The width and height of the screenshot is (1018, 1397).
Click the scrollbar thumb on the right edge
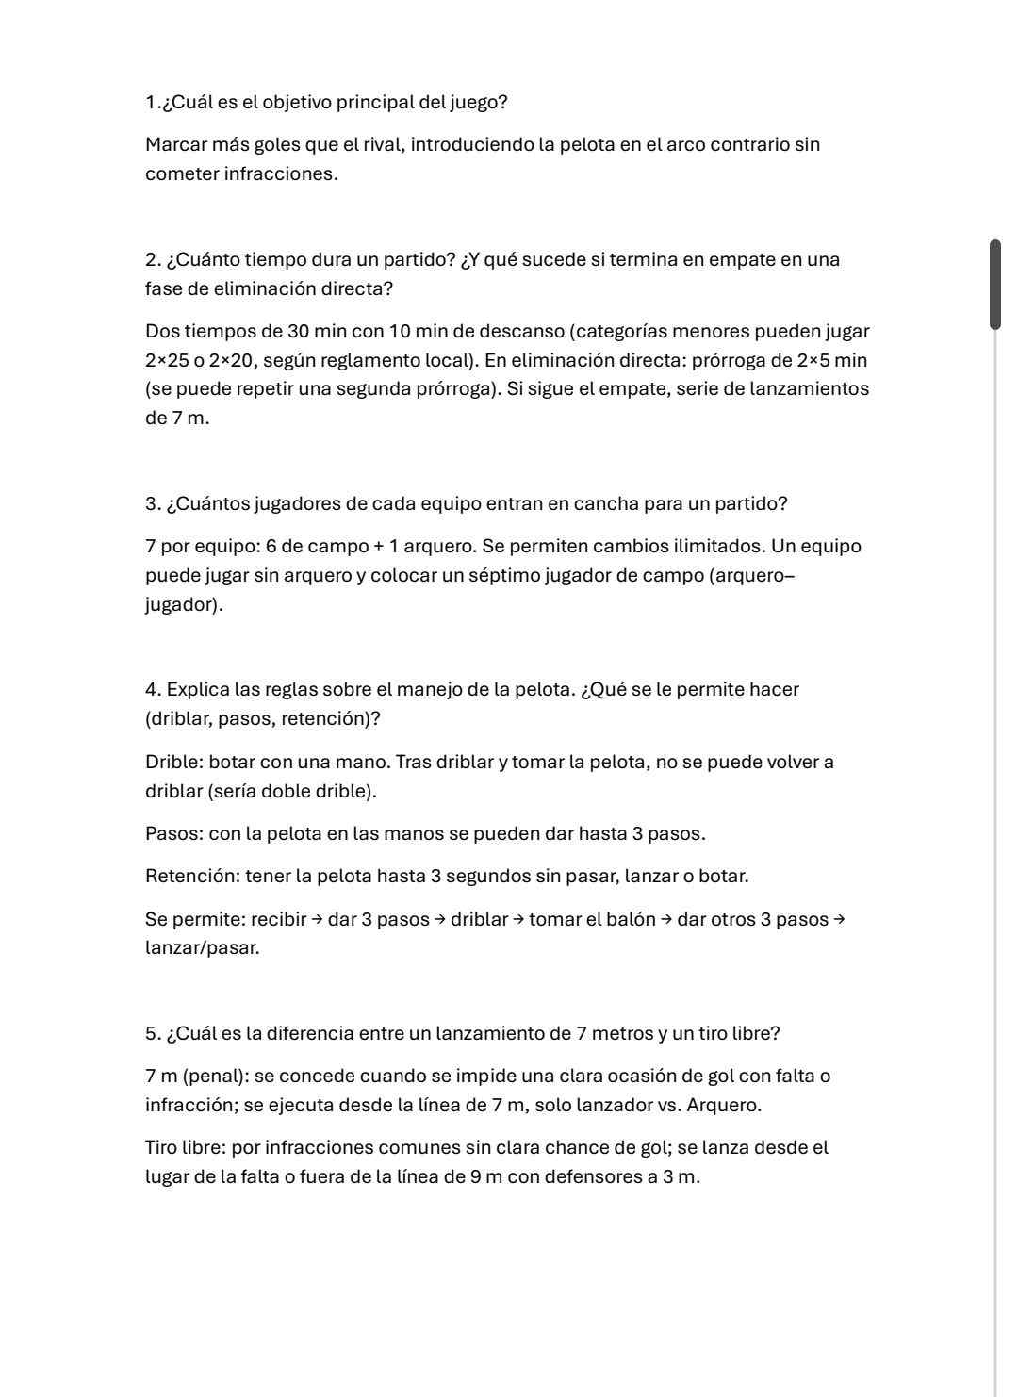994,285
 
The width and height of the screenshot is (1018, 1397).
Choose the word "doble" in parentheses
285,792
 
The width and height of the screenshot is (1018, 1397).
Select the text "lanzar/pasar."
202,948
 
